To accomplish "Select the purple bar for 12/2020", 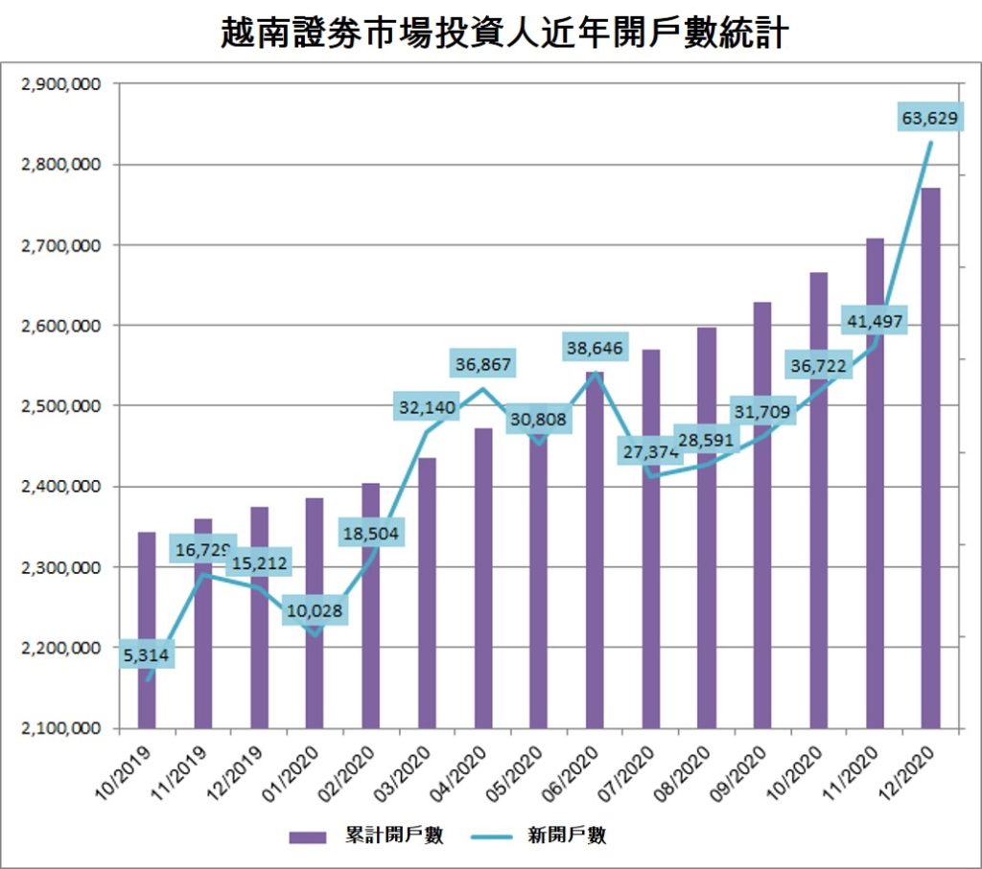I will pyautogui.click(x=930, y=460).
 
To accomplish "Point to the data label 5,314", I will pyautogui.click(x=146, y=655).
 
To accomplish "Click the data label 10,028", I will pyautogui.click(x=315, y=610).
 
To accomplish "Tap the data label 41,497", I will pyautogui.click(x=873, y=321).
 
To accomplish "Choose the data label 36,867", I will pyautogui.click(x=483, y=364).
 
